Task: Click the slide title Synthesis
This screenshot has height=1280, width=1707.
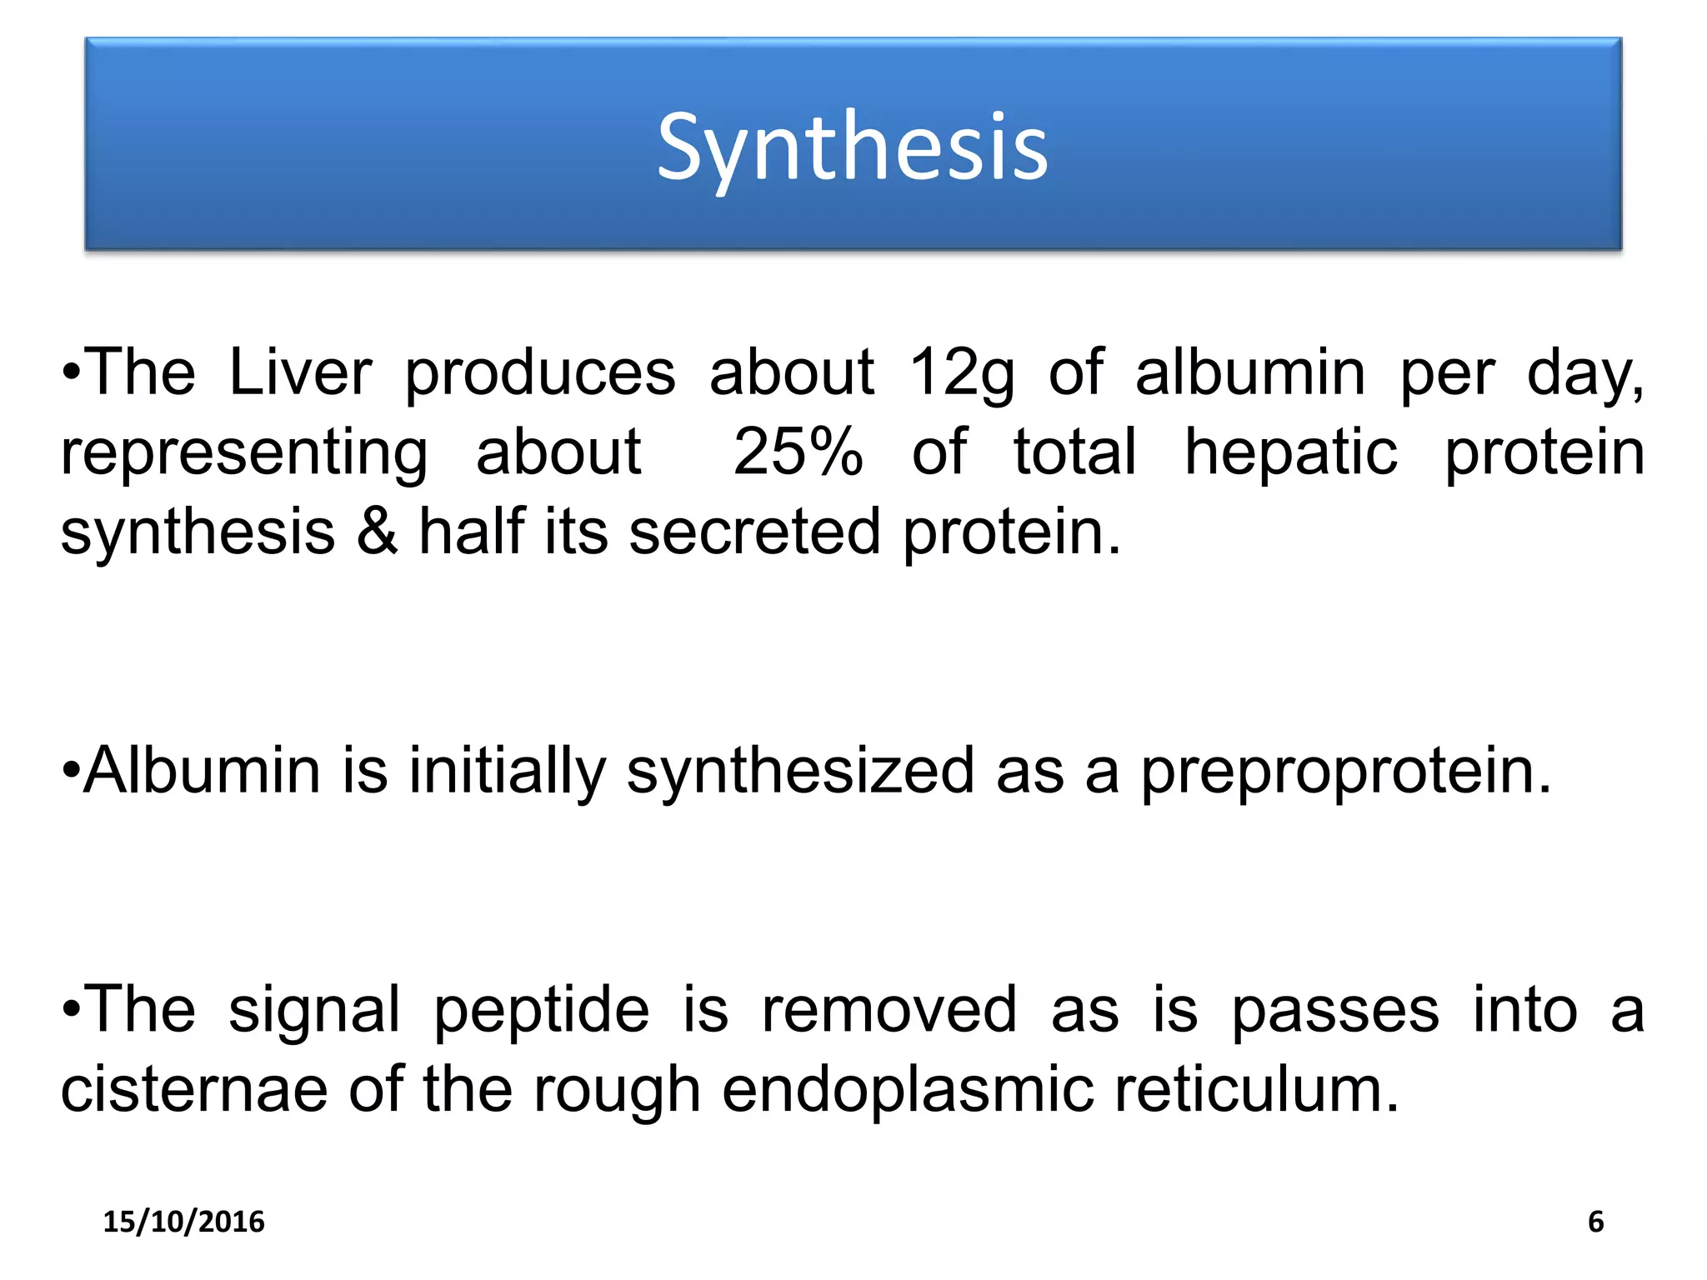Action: coord(852,148)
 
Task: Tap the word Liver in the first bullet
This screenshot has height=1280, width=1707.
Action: coord(300,372)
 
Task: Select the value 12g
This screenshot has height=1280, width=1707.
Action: coord(961,372)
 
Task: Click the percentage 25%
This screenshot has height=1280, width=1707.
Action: coord(798,452)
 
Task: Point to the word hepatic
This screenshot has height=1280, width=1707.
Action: coord(1291,452)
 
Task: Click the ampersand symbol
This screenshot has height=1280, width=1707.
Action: coord(377,532)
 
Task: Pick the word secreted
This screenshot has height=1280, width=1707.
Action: coord(754,532)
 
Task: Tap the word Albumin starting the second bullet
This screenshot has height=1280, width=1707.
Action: coord(203,770)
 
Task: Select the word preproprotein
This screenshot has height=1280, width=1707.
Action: coord(1345,772)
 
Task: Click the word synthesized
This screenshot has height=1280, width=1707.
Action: coord(800,772)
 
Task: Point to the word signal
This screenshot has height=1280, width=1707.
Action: coord(314,1010)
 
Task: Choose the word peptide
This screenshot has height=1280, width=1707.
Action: coord(542,1010)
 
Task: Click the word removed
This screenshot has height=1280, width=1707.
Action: coord(889,1010)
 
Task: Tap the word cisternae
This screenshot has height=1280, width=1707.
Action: coord(194,1089)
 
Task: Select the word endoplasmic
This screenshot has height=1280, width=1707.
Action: coord(908,1089)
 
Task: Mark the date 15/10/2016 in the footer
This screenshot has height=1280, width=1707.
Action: coord(183,1222)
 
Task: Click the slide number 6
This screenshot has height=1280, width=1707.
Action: coord(1595,1222)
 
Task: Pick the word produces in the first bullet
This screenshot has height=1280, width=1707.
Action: coord(540,373)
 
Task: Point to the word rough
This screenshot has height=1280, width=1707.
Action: coord(617,1091)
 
